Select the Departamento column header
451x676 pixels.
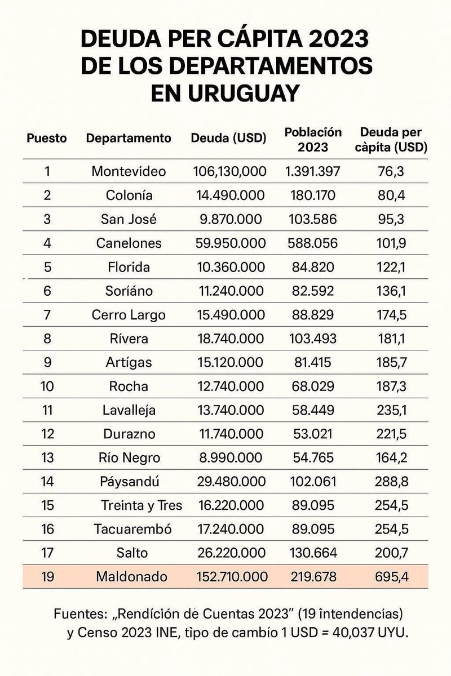128,138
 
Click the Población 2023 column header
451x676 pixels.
313,139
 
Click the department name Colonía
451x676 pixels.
129,195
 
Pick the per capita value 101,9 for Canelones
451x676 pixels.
393,243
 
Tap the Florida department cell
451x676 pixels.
129,267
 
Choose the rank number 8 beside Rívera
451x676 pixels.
47,339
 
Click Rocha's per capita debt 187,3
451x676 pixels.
393,386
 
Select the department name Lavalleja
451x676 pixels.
129,411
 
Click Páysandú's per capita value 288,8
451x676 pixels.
393,482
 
